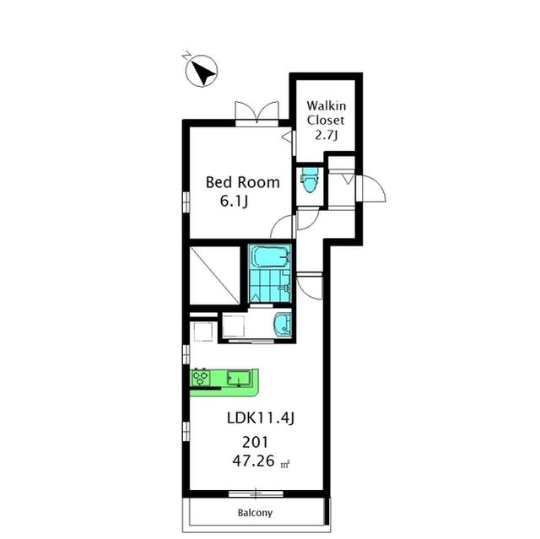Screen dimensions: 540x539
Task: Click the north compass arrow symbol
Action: click(202, 71)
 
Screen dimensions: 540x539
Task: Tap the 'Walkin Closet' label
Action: click(326, 113)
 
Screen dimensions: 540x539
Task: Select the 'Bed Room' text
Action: click(242, 182)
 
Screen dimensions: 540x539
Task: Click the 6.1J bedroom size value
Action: click(234, 202)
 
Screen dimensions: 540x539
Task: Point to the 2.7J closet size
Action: click(327, 135)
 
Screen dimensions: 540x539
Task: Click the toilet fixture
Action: click(309, 180)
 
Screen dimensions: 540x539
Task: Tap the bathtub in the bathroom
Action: click(270, 257)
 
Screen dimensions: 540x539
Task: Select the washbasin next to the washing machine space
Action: click(282, 325)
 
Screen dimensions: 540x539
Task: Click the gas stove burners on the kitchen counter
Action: click(201, 378)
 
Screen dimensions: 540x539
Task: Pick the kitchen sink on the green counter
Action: click(238, 378)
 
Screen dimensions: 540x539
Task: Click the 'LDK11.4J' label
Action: click(261, 418)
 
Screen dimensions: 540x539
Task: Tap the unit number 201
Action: click(255, 442)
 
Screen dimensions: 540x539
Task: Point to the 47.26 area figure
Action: click(253, 461)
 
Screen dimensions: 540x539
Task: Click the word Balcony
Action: click(255, 513)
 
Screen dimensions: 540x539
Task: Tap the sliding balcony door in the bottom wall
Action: click(256, 493)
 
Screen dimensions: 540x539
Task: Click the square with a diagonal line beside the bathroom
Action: click(215, 275)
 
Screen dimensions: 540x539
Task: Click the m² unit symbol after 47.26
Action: click(285, 464)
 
